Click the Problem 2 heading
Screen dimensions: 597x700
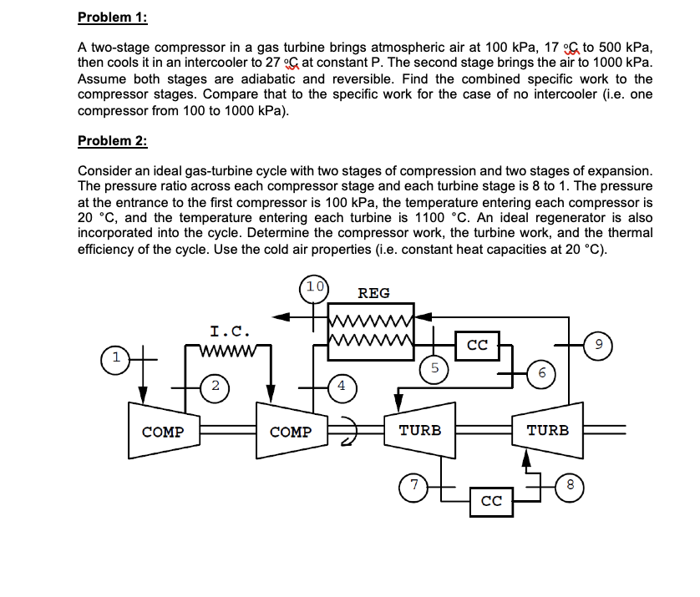pyautogui.click(x=112, y=140)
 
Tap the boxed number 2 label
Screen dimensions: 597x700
pyautogui.click(x=216, y=385)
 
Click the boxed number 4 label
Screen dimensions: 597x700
pyautogui.click(x=342, y=386)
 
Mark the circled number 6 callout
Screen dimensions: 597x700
pyautogui.click(x=541, y=374)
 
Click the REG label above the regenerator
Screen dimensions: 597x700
pyautogui.click(x=373, y=293)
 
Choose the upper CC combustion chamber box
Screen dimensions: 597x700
pyautogui.click(x=477, y=343)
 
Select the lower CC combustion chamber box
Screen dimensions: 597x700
pyautogui.click(x=490, y=501)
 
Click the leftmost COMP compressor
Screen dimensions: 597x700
pyautogui.click(x=163, y=432)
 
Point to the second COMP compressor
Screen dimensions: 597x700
pyautogui.click(x=291, y=432)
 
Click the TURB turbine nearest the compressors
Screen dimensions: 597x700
pyautogui.click(x=420, y=430)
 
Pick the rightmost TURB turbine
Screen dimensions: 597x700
pyautogui.click(x=548, y=430)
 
